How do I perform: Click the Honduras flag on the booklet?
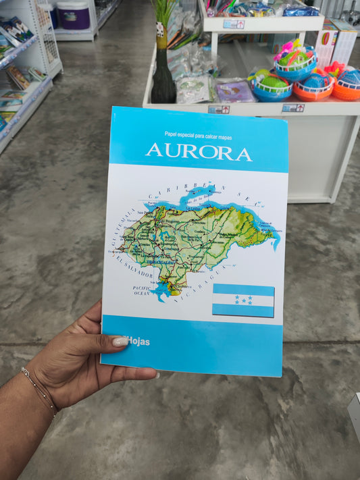point(243,300)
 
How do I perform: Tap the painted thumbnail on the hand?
point(120,342)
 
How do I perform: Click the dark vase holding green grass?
point(163,78)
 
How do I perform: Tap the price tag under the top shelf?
point(234,24)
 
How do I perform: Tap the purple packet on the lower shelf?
point(234,91)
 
